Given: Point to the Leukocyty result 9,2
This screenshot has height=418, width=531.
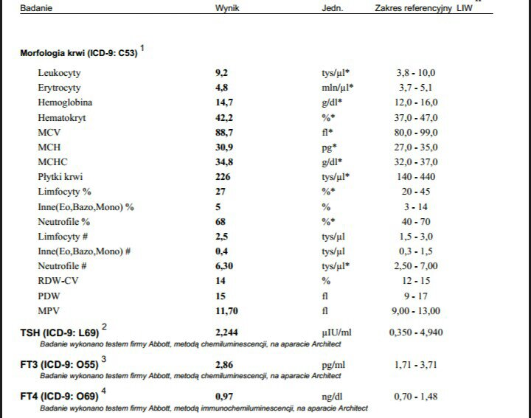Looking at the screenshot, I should (221, 73).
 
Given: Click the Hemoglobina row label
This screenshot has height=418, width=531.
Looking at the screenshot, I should (65, 102).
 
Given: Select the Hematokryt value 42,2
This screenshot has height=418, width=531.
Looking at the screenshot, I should (223, 117).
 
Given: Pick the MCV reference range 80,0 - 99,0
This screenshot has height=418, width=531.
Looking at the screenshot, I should (417, 132).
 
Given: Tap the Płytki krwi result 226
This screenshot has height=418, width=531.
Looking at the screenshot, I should (222, 177).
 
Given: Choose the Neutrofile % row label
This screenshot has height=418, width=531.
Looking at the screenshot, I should (64, 221).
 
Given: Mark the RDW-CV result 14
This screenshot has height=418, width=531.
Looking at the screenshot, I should (219, 281).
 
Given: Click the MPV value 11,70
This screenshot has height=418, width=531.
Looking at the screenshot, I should (226, 310).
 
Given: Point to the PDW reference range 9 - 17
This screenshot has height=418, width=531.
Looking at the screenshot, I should (417, 296).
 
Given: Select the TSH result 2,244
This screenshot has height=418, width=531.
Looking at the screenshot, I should (226, 332).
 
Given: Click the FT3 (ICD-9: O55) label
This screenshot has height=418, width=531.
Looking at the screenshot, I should (59, 364).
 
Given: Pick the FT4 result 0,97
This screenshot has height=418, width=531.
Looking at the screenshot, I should (223, 397).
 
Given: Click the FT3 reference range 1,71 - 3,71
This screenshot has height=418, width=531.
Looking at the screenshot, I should (417, 364).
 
